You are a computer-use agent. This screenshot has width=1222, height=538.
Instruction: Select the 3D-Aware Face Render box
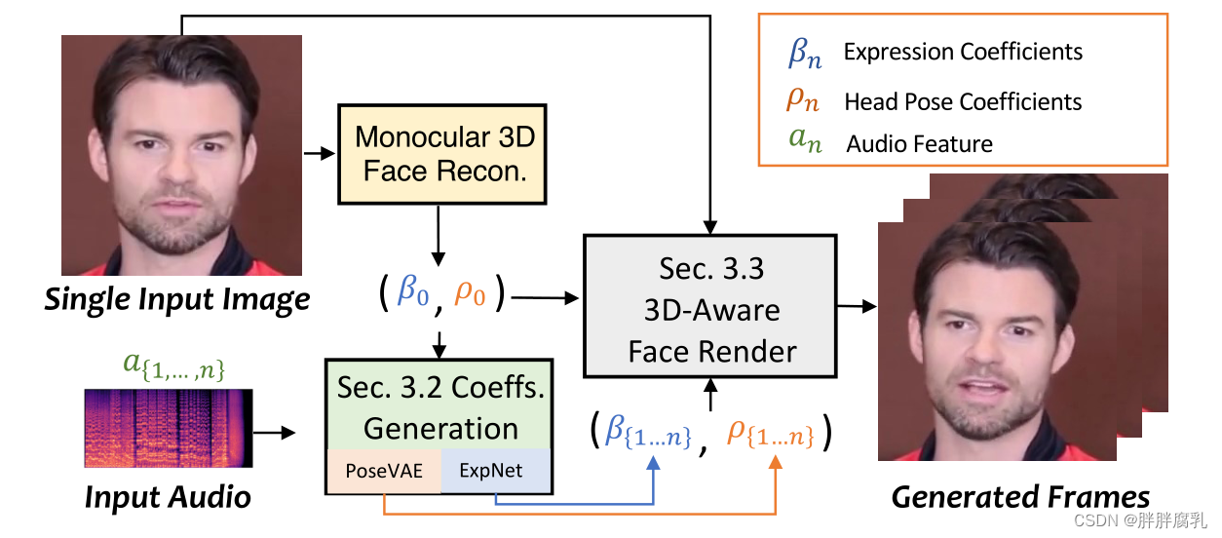[710, 305]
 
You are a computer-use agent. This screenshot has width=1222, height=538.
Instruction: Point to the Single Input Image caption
[176, 298]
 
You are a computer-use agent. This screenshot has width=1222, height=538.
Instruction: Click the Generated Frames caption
[1019, 496]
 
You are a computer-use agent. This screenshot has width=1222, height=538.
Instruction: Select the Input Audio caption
[168, 496]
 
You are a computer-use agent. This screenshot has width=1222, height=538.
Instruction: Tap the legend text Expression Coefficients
[963, 52]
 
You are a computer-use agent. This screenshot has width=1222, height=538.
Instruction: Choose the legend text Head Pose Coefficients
[963, 101]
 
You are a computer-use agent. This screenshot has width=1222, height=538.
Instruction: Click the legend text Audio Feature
[919, 145]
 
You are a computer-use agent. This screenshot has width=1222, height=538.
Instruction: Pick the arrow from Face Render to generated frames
[857, 306]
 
